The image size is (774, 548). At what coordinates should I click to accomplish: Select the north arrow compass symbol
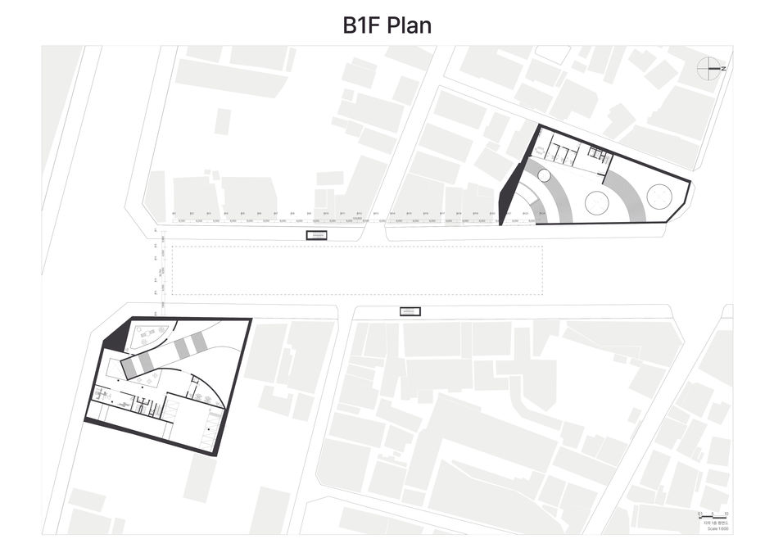pyautogui.click(x=709, y=69)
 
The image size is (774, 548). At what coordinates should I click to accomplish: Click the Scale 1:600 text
pyautogui.click(x=714, y=528)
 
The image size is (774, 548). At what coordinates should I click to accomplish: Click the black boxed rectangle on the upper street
pyautogui.click(x=317, y=235)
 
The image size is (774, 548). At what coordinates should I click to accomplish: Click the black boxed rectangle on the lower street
pyautogui.click(x=409, y=310)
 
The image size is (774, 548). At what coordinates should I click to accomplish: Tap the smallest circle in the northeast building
pyautogui.click(x=542, y=176)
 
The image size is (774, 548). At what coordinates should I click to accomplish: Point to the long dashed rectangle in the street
pyautogui.click(x=357, y=271)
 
